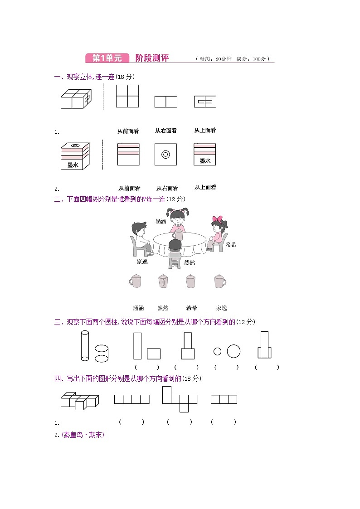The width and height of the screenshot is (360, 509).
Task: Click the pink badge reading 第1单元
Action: [107, 58]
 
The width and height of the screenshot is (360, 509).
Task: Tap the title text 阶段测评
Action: [152, 58]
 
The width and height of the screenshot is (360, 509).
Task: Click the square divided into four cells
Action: [127, 96]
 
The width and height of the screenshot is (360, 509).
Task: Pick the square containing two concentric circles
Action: [165, 155]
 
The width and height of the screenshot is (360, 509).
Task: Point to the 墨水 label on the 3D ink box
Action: [73, 165]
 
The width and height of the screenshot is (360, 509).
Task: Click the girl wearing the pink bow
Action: [219, 231]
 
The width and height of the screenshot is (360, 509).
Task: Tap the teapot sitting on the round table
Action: [179, 234]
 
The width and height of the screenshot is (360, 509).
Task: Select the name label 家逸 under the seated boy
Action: [142, 262]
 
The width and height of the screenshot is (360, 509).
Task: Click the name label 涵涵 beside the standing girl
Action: [161, 221]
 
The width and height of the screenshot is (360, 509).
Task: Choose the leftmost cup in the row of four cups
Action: [135, 281]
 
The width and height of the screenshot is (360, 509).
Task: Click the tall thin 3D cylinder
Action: [85, 346]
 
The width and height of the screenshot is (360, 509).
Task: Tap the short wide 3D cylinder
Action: [102, 353]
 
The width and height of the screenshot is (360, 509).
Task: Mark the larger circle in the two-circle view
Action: [234, 351]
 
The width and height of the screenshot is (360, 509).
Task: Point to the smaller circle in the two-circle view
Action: [217, 351]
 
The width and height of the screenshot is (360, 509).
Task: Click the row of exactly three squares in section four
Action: [224, 399]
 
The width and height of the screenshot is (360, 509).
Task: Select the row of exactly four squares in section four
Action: [131, 399]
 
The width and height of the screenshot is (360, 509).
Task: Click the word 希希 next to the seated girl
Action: [231, 245]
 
